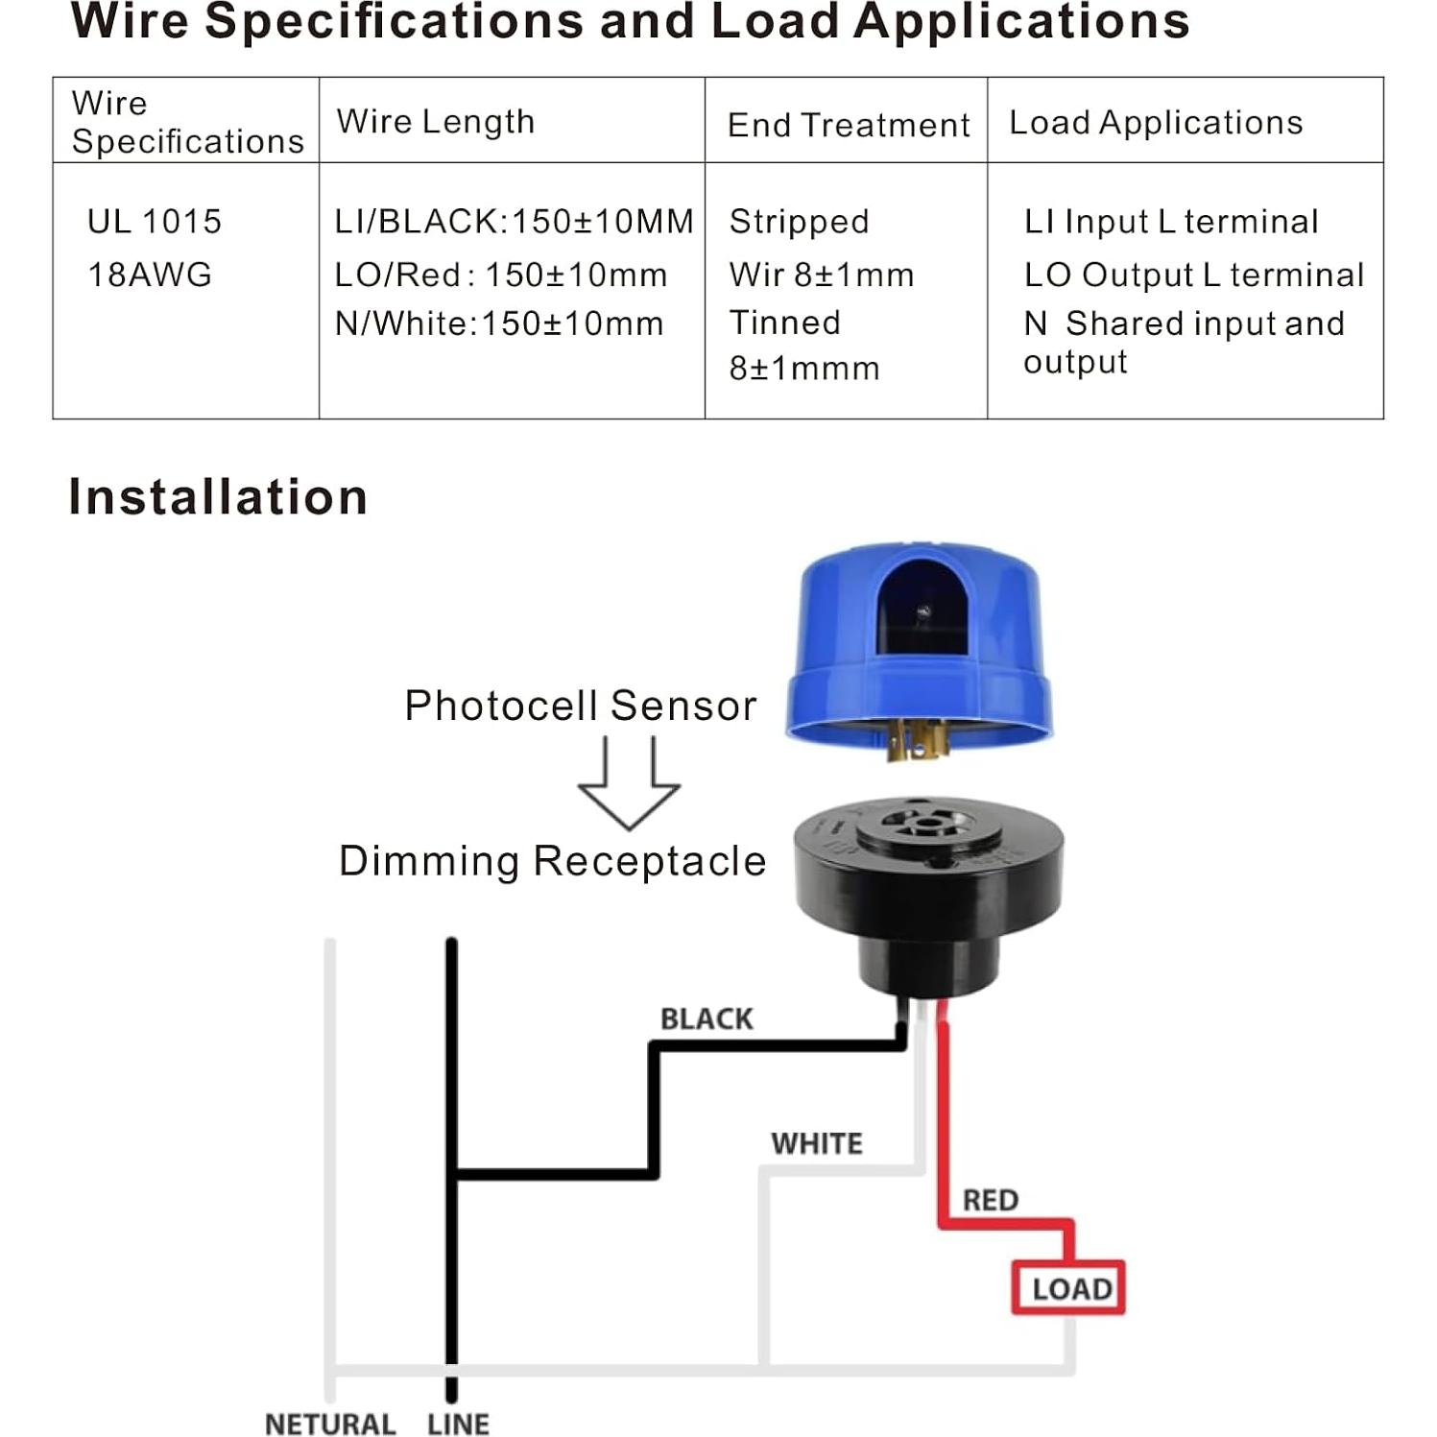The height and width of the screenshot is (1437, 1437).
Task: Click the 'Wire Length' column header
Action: coord(435,122)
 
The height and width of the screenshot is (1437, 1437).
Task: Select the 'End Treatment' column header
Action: coord(848,125)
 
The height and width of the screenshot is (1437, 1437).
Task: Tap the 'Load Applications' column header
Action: coord(1156,123)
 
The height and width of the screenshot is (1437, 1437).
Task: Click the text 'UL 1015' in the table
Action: coord(155,222)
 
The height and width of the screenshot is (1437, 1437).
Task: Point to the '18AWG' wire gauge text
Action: coord(150,275)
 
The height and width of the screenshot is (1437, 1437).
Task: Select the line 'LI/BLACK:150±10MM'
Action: coord(514,222)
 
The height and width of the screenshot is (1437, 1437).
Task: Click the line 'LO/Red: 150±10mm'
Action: coord(500,275)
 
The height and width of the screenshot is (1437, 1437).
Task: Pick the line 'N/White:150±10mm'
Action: coord(498,323)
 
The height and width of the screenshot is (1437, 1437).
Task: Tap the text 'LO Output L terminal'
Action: coord(1193,275)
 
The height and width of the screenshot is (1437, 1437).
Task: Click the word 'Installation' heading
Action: coord(218,497)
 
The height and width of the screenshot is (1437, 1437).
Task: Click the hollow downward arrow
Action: coord(629,782)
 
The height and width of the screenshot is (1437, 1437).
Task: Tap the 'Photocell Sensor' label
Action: coord(580,706)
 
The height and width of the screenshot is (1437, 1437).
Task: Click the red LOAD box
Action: coord(1068,1287)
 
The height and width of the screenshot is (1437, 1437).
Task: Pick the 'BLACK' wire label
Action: coord(707,1018)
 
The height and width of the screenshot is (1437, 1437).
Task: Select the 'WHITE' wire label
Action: coord(817,1143)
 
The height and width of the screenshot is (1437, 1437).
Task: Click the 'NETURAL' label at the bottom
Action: coord(330,1424)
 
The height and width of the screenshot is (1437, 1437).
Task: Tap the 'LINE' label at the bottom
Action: coord(458,1424)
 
